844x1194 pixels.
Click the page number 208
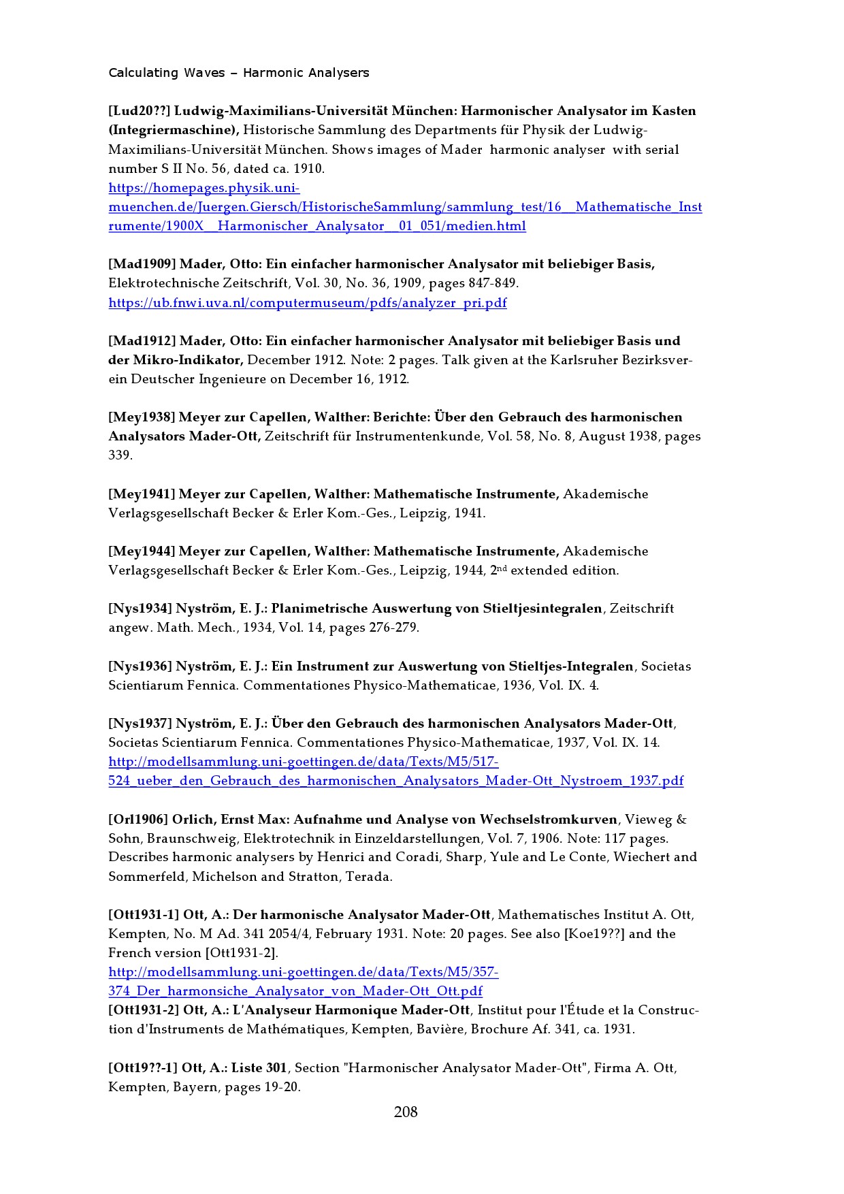[406, 1112]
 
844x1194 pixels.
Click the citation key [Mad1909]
[142, 264]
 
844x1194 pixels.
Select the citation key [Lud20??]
[139, 111]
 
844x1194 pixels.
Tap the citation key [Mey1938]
[142, 417]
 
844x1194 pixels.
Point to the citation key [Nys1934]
[140, 609]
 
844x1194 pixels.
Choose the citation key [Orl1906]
[138, 820]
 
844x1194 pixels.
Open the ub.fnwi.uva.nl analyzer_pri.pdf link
[308, 303]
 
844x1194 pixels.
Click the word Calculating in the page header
[143, 73]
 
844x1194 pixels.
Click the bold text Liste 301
[259, 1068]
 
